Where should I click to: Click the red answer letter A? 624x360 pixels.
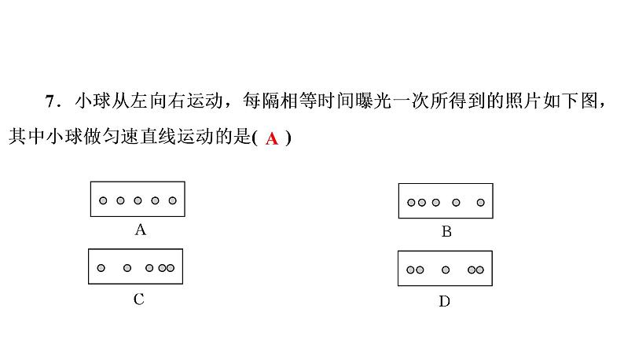tap(272, 138)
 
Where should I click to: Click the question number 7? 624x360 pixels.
tap(50, 101)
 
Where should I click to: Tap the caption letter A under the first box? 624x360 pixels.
tap(140, 230)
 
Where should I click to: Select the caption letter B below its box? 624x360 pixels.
tap(446, 231)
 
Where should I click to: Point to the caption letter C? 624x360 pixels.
tap(139, 299)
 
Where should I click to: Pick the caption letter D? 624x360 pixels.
tap(445, 302)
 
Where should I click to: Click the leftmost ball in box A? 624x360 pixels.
tap(103, 200)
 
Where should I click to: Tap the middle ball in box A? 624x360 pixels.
tap(138, 200)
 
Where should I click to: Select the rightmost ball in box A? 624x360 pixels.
tap(172, 200)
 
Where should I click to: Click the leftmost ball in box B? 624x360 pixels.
tap(411, 203)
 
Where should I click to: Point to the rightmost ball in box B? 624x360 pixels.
tap(481, 203)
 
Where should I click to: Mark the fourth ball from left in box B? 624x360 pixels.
tap(456, 203)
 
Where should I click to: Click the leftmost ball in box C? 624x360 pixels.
tap(101, 268)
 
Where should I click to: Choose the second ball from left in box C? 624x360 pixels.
tap(127, 268)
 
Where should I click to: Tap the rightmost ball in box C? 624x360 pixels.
tap(171, 268)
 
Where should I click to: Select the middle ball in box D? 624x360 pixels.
tap(446, 270)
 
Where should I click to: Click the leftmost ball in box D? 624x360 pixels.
tap(411, 270)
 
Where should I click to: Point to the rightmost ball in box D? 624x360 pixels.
tap(480, 270)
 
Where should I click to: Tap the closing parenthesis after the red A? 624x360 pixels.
tap(288, 138)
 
